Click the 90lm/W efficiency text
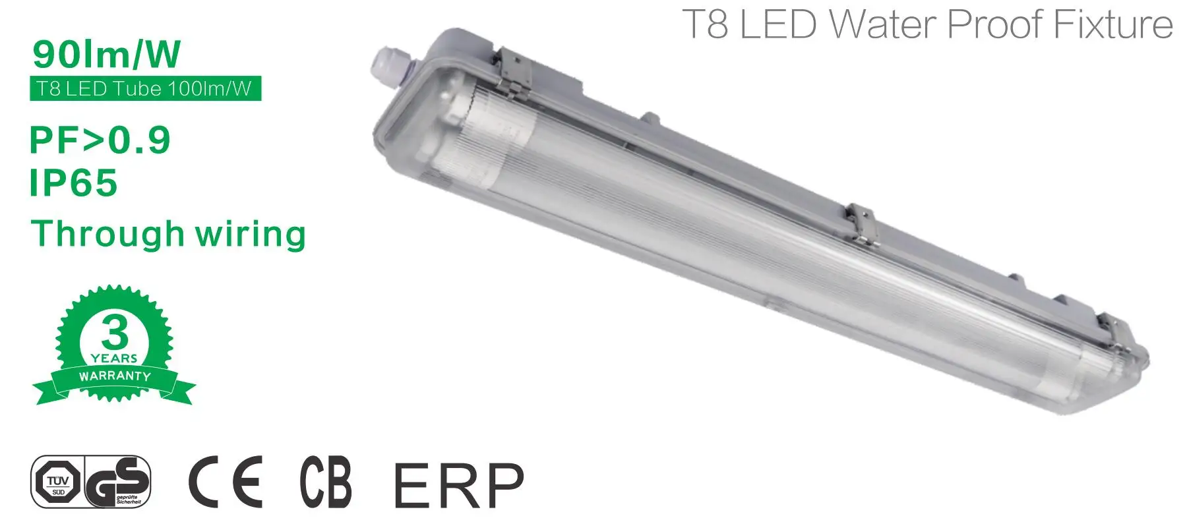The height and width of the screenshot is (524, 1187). pos(106,54)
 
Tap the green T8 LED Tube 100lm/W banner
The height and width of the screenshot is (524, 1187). pos(145,89)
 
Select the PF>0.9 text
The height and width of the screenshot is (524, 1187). pos(100,140)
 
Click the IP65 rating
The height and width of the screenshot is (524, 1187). pos(73,183)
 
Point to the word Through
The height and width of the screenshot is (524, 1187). pos(107,233)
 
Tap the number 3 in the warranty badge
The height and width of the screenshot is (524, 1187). pos(115,333)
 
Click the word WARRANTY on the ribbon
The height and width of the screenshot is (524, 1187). pos(115,376)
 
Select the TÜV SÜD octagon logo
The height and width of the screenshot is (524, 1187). pos(58,482)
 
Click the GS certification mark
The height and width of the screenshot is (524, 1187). pos(119,482)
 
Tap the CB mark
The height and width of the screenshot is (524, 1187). pos(326,481)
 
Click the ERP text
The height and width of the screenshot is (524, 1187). pos(458,484)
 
